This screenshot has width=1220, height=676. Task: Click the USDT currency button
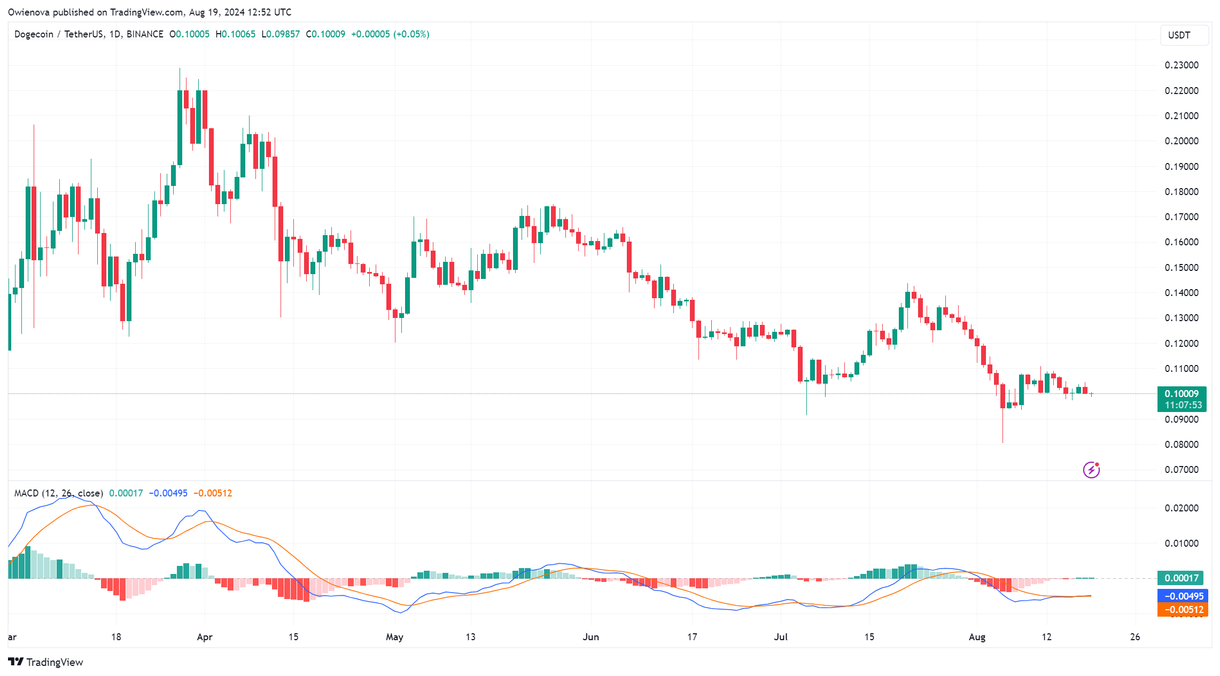point(1184,35)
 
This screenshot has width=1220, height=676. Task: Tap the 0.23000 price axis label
point(1182,65)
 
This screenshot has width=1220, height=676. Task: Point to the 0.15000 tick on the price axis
point(1182,268)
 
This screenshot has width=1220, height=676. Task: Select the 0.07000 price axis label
point(1182,470)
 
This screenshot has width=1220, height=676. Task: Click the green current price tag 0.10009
point(1182,394)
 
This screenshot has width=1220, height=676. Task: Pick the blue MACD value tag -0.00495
point(1182,596)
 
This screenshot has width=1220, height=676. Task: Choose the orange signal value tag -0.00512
point(1182,610)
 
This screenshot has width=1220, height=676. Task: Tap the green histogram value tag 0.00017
point(1181,578)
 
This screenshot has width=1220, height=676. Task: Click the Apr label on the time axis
point(205,637)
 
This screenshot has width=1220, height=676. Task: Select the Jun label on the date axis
point(590,637)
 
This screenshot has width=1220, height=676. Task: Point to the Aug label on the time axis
point(977,637)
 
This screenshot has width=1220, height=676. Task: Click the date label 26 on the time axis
point(1135,637)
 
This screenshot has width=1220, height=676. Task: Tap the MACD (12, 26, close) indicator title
point(59,493)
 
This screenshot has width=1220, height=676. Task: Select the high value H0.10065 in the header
point(235,34)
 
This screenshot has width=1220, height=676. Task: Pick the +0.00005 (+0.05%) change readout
point(390,34)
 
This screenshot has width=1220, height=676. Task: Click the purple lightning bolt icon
point(1091,470)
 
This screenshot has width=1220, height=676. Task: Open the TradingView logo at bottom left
point(46,662)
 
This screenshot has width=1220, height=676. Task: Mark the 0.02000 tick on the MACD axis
point(1182,508)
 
